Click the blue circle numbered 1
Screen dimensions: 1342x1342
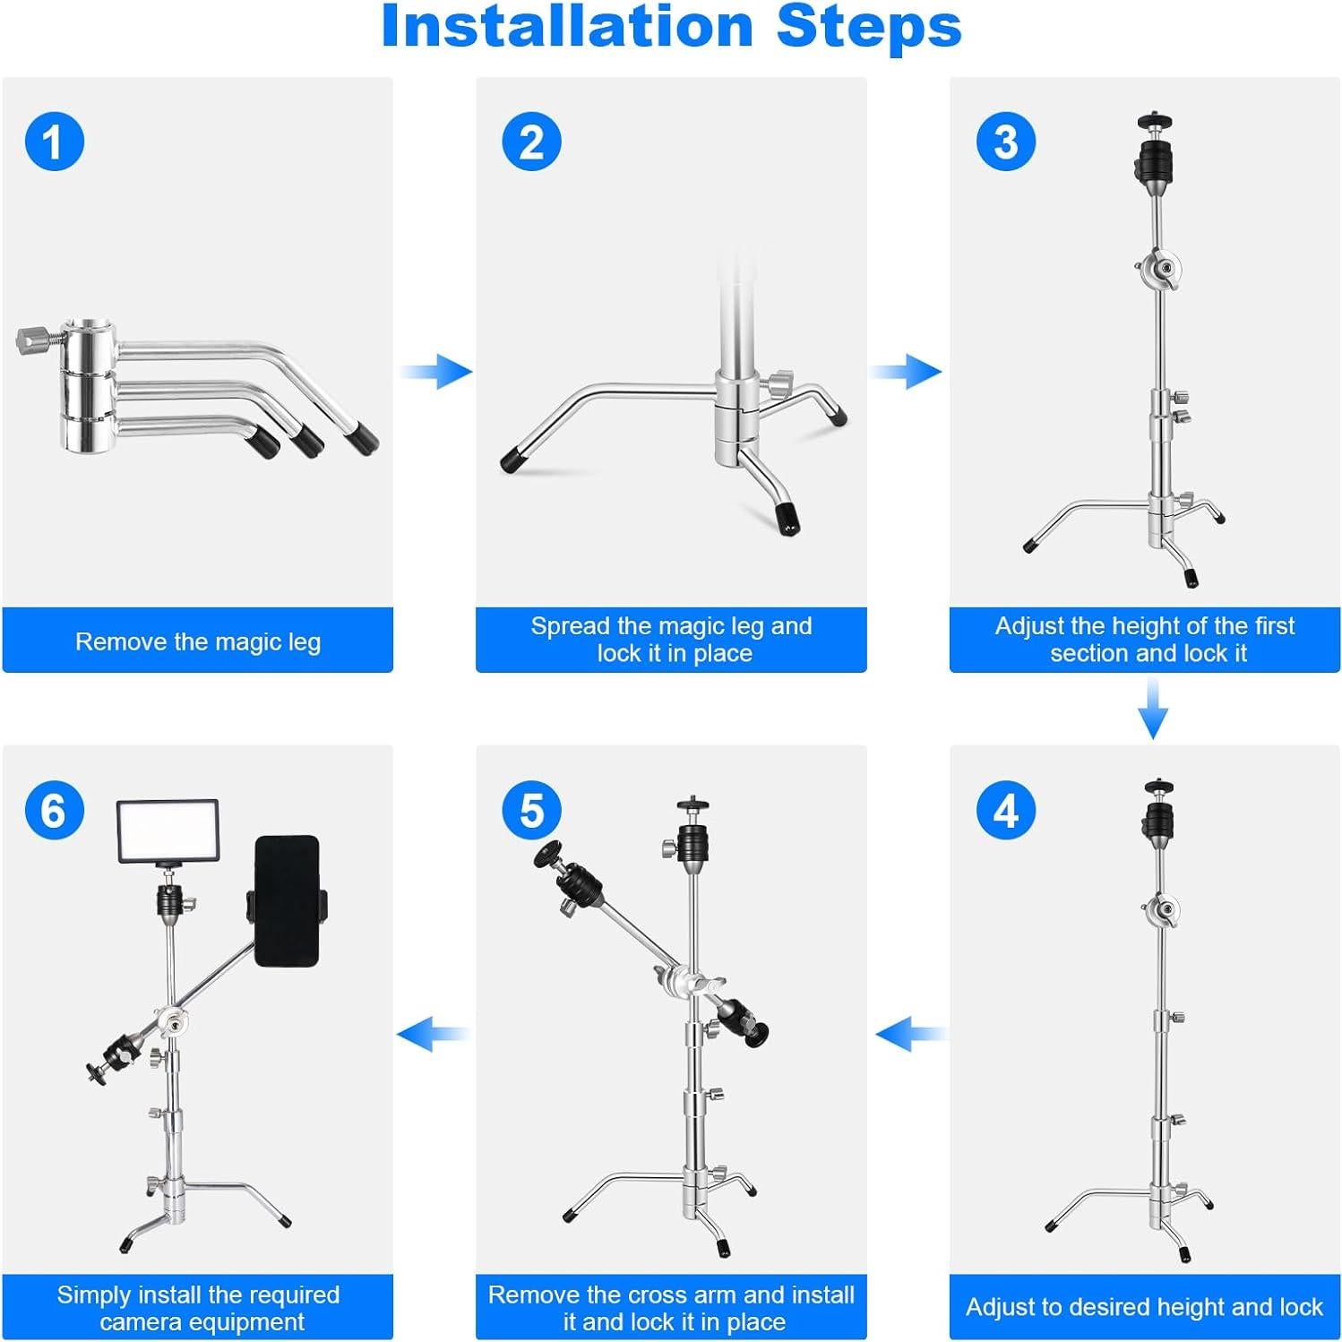click(54, 142)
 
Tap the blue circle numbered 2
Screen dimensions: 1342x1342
click(531, 142)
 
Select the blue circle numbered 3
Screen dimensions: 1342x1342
click(1006, 142)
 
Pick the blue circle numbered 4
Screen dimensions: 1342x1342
click(1006, 811)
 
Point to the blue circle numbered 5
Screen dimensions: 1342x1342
click(531, 811)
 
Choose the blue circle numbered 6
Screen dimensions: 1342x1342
click(54, 811)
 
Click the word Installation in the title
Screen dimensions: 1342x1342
click(566, 27)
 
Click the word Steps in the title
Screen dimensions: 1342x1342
click(869, 27)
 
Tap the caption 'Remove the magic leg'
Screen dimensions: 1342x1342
click(197, 641)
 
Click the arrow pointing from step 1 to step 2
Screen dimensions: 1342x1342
click(436, 371)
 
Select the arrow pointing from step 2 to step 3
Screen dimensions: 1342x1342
click(907, 371)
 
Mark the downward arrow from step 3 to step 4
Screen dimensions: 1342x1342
click(1153, 708)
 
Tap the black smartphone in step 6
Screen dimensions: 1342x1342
click(287, 900)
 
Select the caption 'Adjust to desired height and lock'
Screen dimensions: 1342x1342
click(1144, 1307)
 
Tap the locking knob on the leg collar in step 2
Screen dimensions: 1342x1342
click(779, 384)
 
